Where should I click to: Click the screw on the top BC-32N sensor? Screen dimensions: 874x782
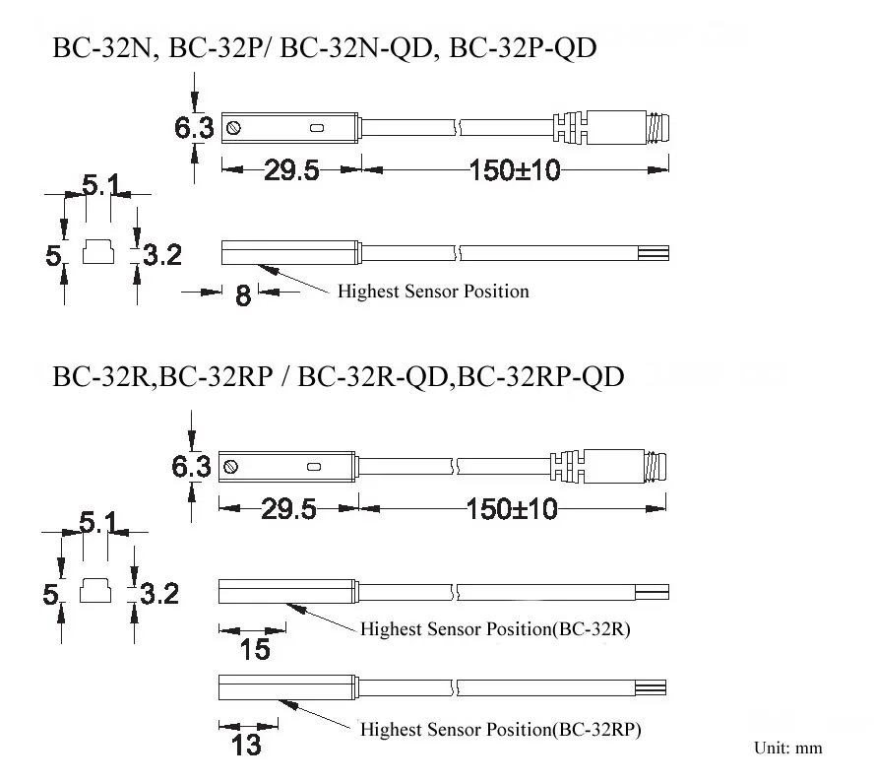coord(234,128)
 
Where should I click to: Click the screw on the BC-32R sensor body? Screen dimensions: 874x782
coord(230,466)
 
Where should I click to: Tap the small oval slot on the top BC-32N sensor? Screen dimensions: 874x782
coord(317,128)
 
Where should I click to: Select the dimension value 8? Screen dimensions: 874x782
coord(243,295)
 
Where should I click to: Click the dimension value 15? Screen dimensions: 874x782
coord(255,649)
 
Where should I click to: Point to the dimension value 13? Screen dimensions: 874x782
coord(246,745)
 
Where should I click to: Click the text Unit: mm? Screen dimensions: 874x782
coord(787,748)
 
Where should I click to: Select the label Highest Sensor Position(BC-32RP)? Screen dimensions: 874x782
coord(501,730)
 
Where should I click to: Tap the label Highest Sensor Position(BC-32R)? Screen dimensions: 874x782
coord(495,629)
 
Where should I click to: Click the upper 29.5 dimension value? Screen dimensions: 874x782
coord(291,170)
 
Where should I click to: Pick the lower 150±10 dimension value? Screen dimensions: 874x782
coord(512,509)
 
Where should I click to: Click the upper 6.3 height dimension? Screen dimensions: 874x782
coord(194,128)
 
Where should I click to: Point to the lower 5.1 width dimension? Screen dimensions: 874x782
coord(98,523)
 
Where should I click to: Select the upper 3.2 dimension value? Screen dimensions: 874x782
coord(162,255)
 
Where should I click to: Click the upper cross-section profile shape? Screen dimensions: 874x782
coord(98,251)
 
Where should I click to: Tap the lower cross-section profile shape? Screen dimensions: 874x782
coord(95,590)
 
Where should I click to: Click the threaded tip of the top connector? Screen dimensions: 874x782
coord(657,128)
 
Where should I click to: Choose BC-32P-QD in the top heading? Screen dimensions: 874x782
coord(523,47)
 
